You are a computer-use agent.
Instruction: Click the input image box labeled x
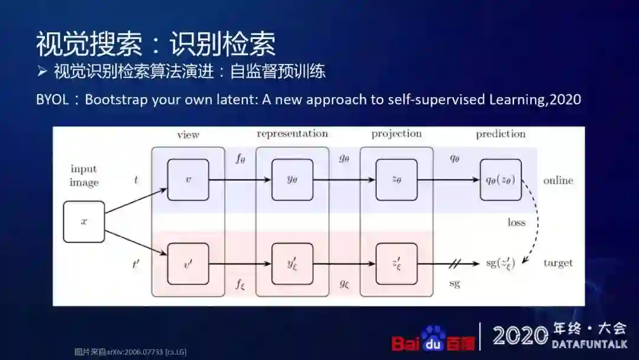[x=84, y=221]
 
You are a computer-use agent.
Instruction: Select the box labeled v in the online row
[x=188, y=179]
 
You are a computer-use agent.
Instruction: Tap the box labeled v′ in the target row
[x=188, y=263]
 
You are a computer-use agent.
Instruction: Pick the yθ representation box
[x=292, y=179]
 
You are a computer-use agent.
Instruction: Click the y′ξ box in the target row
[x=292, y=263]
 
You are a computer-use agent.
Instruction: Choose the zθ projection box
[x=396, y=179]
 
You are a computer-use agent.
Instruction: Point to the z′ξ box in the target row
[x=396, y=263]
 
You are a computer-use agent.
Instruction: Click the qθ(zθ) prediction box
[x=501, y=179]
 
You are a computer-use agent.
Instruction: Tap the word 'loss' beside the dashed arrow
[x=516, y=223]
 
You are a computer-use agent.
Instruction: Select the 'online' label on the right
[x=558, y=181]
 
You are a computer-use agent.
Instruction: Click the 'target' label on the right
[x=558, y=263]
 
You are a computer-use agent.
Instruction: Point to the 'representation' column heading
[x=292, y=134]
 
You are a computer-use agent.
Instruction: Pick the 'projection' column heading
[x=396, y=134]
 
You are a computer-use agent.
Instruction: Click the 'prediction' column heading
[x=501, y=134]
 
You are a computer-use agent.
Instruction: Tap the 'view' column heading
[x=188, y=135]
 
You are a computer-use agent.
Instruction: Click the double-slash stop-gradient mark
[x=455, y=263]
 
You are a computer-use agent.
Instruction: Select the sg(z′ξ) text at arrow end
[x=501, y=263]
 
